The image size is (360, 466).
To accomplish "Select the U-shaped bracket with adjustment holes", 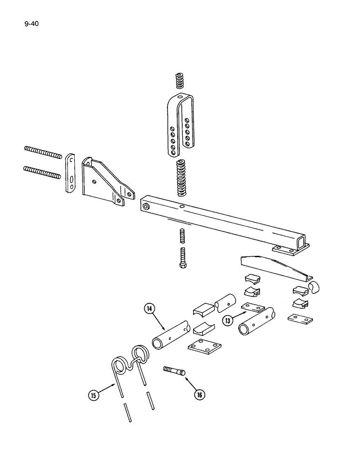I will pos(180,126).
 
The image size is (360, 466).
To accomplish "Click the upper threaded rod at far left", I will pos(42,153).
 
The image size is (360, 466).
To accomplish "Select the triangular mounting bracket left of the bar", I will pos(105,182).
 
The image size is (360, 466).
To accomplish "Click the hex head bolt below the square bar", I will pos(182,256).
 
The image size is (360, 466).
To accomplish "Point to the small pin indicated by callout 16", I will pos(175,371).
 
